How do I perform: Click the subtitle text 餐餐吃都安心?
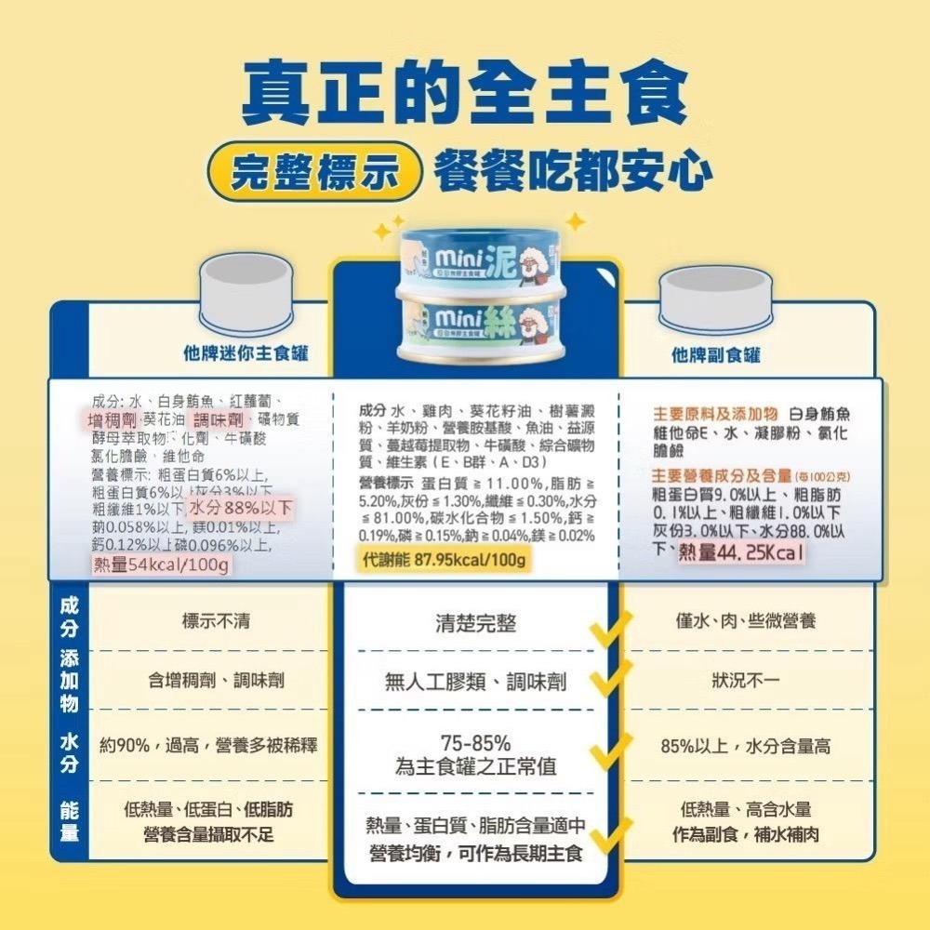click(x=574, y=174)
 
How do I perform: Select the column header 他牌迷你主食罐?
click(x=246, y=353)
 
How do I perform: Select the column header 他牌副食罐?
click(x=716, y=354)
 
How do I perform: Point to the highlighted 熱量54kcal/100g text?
click(x=164, y=565)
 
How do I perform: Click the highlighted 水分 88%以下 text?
click(x=241, y=509)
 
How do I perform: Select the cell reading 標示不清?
click(x=216, y=620)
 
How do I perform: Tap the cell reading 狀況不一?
click(x=746, y=681)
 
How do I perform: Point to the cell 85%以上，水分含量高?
click(x=745, y=746)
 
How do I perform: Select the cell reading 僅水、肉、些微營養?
click(x=746, y=620)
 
